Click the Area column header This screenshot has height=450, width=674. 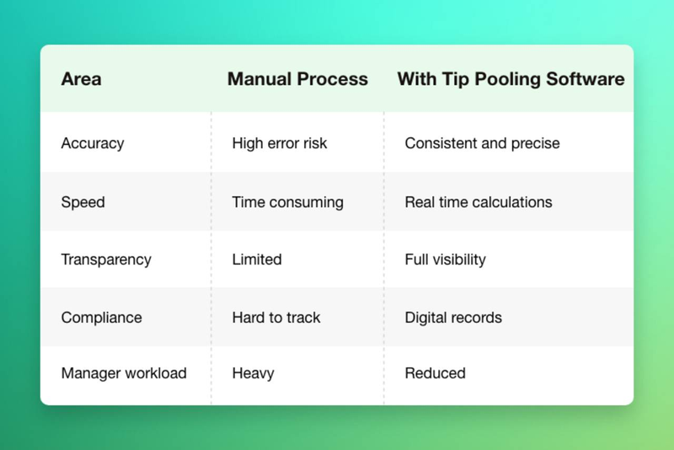point(81,79)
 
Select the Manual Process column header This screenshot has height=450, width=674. point(297,79)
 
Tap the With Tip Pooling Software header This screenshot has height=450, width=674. point(511,79)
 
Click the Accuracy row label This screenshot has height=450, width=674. point(93,143)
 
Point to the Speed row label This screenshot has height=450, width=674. point(83,202)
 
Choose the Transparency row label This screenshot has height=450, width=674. point(106,260)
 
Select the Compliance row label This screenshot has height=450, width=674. point(101,318)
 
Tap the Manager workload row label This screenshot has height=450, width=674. point(124,373)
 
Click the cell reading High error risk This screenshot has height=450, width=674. point(280,143)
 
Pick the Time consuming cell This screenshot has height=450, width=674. point(287,202)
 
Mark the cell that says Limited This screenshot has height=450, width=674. point(257,260)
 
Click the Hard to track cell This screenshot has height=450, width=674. point(276,318)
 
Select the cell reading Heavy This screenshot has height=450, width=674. point(253,373)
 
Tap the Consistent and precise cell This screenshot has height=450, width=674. point(482,143)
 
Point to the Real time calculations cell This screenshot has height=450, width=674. point(479,202)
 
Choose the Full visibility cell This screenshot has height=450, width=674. point(445,260)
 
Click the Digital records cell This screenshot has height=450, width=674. point(453,318)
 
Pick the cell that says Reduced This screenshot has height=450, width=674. point(435,373)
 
